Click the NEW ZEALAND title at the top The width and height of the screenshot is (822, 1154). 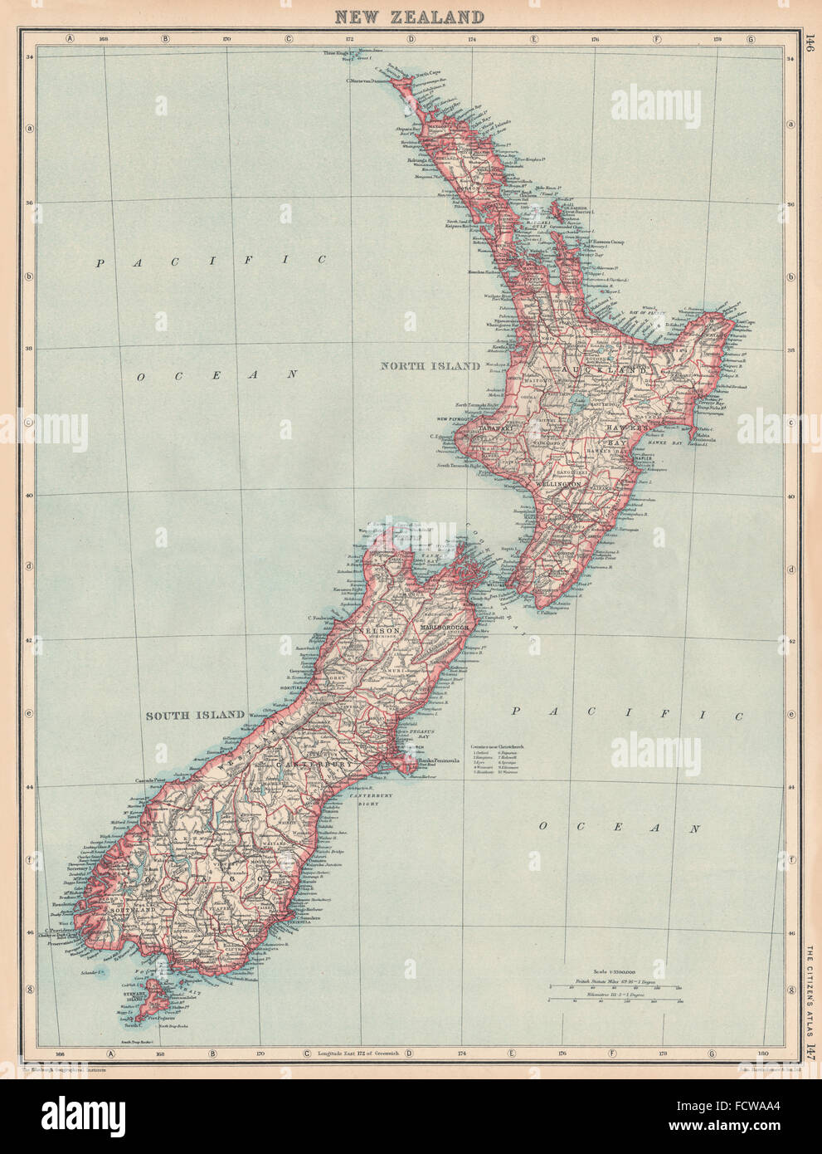409,16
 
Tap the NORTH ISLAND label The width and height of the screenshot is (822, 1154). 430,365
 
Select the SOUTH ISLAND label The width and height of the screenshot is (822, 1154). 195,715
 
